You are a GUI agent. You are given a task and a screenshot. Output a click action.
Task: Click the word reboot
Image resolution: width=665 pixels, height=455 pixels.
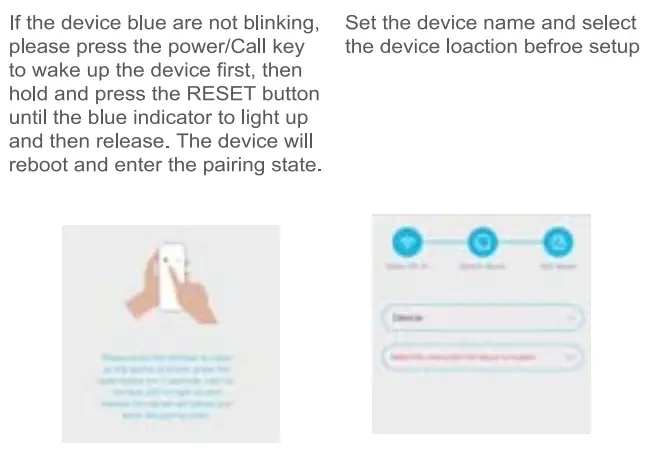[38, 164]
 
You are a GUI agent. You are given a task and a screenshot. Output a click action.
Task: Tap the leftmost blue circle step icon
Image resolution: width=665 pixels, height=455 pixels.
[407, 242]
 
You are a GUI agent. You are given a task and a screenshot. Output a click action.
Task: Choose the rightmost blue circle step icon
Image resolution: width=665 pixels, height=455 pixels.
[559, 242]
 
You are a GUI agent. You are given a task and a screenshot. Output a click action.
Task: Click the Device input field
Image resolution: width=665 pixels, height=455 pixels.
[482, 317]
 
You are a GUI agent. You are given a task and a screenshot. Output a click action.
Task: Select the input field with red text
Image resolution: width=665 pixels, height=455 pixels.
[482, 356]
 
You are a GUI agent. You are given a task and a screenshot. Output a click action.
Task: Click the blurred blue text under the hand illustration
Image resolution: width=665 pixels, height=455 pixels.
[170, 389]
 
